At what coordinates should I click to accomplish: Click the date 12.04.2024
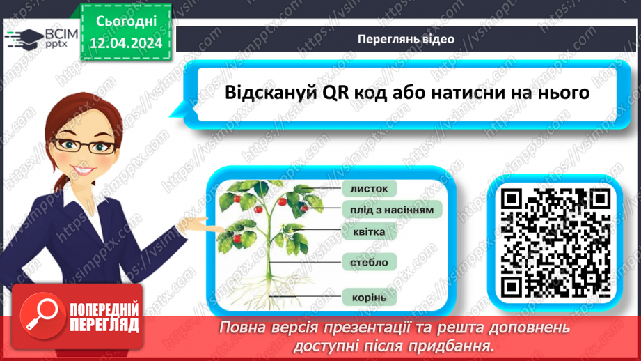(x=125, y=43)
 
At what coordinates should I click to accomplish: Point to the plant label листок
(x=368, y=188)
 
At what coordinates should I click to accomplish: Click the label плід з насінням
(x=392, y=209)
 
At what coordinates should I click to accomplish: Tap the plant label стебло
(x=369, y=262)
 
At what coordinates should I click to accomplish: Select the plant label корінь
(x=368, y=297)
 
